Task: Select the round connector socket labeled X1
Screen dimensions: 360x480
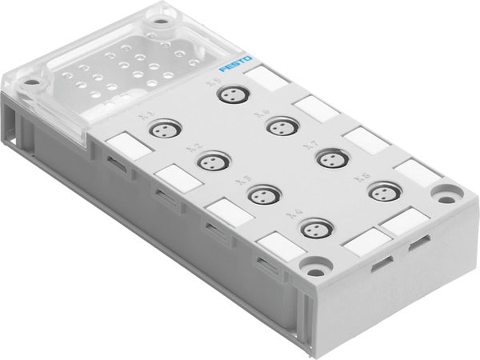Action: coord(166,128)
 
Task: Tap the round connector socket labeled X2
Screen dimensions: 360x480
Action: coord(210,162)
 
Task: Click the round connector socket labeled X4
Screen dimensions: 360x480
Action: coord(316,230)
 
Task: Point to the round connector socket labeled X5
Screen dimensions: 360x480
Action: coord(233,94)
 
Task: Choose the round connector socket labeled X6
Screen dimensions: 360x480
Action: coord(280,126)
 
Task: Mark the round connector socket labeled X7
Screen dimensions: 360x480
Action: coord(330,158)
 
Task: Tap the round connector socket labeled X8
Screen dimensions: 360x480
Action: coord(384,192)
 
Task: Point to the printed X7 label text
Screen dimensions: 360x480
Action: coord(309,147)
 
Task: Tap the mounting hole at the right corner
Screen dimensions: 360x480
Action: coord(446,192)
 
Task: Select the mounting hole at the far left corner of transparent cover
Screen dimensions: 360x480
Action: coord(30,82)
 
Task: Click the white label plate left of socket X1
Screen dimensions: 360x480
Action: coord(124,146)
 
